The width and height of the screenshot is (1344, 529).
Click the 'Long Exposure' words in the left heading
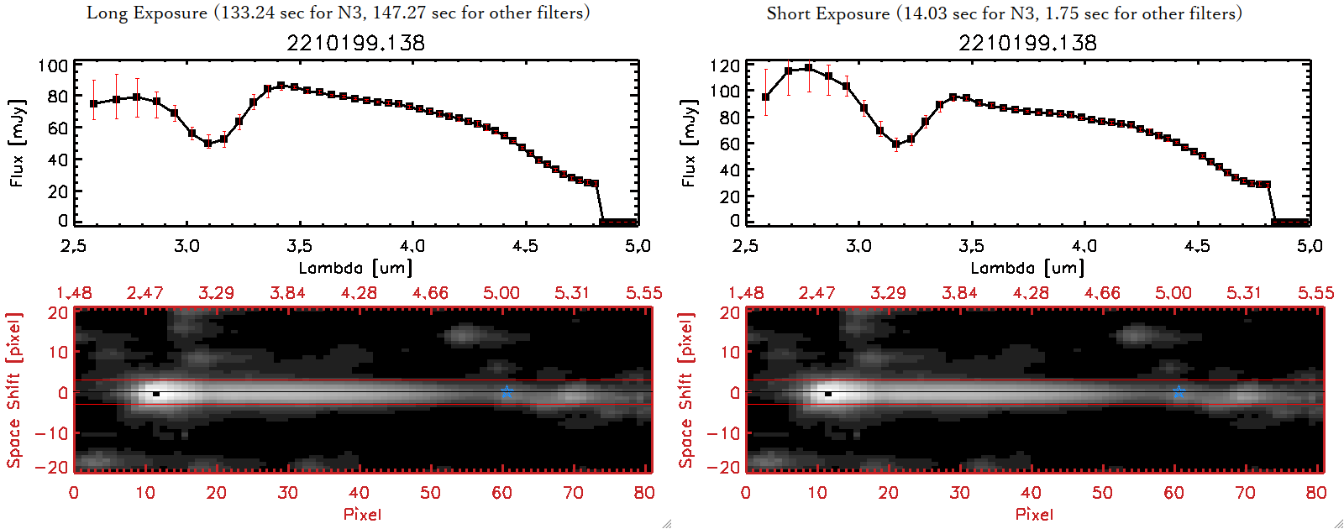[x=147, y=13]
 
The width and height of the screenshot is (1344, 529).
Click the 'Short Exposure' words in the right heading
[x=827, y=13]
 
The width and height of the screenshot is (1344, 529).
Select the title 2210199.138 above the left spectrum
[x=356, y=43]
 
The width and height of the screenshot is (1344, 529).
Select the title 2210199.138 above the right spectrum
[x=1028, y=43]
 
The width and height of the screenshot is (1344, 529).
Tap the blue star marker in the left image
[x=507, y=392]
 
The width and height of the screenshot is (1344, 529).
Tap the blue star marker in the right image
[x=1179, y=392]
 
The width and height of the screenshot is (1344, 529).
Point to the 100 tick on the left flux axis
[x=54, y=66]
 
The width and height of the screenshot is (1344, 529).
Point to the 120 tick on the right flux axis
[x=725, y=66]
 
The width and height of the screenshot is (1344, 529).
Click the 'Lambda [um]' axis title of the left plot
[x=355, y=268]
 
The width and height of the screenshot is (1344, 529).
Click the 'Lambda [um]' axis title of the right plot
[x=1027, y=268]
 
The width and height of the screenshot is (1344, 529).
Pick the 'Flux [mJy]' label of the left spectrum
[x=18, y=143]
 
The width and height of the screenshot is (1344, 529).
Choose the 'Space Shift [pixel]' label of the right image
[x=686, y=390]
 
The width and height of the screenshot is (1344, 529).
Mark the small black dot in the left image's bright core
[x=156, y=394]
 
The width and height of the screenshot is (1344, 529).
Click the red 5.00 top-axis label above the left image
[x=501, y=293]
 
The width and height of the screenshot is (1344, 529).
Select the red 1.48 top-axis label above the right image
[x=746, y=293]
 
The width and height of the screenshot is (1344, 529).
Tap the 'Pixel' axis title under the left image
[x=362, y=514]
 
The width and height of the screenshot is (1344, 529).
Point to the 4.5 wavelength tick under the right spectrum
[x=1197, y=246]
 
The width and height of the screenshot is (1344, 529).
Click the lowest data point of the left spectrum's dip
[x=208, y=144]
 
